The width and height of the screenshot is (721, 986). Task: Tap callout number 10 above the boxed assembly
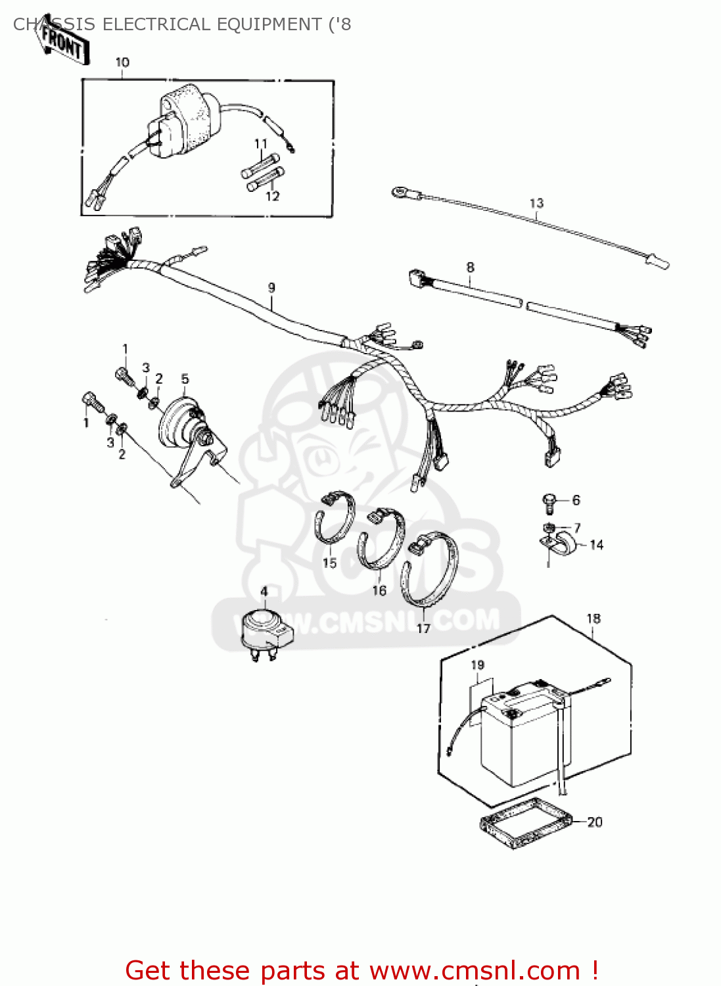[x=122, y=62]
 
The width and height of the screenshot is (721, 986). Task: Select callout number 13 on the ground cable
[x=536, y=203]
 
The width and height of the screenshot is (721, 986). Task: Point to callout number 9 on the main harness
[x=271, y=287]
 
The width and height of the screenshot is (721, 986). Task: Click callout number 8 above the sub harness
[x=470, y=268]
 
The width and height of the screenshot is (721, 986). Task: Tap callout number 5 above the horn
[x=185, y=379]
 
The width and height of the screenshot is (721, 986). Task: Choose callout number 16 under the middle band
[x=379, y=590]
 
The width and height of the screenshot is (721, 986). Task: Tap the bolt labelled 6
[x=549, y=502]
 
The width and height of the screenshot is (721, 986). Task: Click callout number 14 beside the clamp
[x=596, y=545]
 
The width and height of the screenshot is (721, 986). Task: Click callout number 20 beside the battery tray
[x=594, y=822]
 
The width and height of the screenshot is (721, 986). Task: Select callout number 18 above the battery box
[x=593, y=619]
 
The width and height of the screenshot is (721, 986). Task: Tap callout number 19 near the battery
[x=478, y=665]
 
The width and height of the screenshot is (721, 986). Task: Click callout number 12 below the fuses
[x=272, y=196]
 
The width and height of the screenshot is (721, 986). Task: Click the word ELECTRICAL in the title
[x=155, y=24]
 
